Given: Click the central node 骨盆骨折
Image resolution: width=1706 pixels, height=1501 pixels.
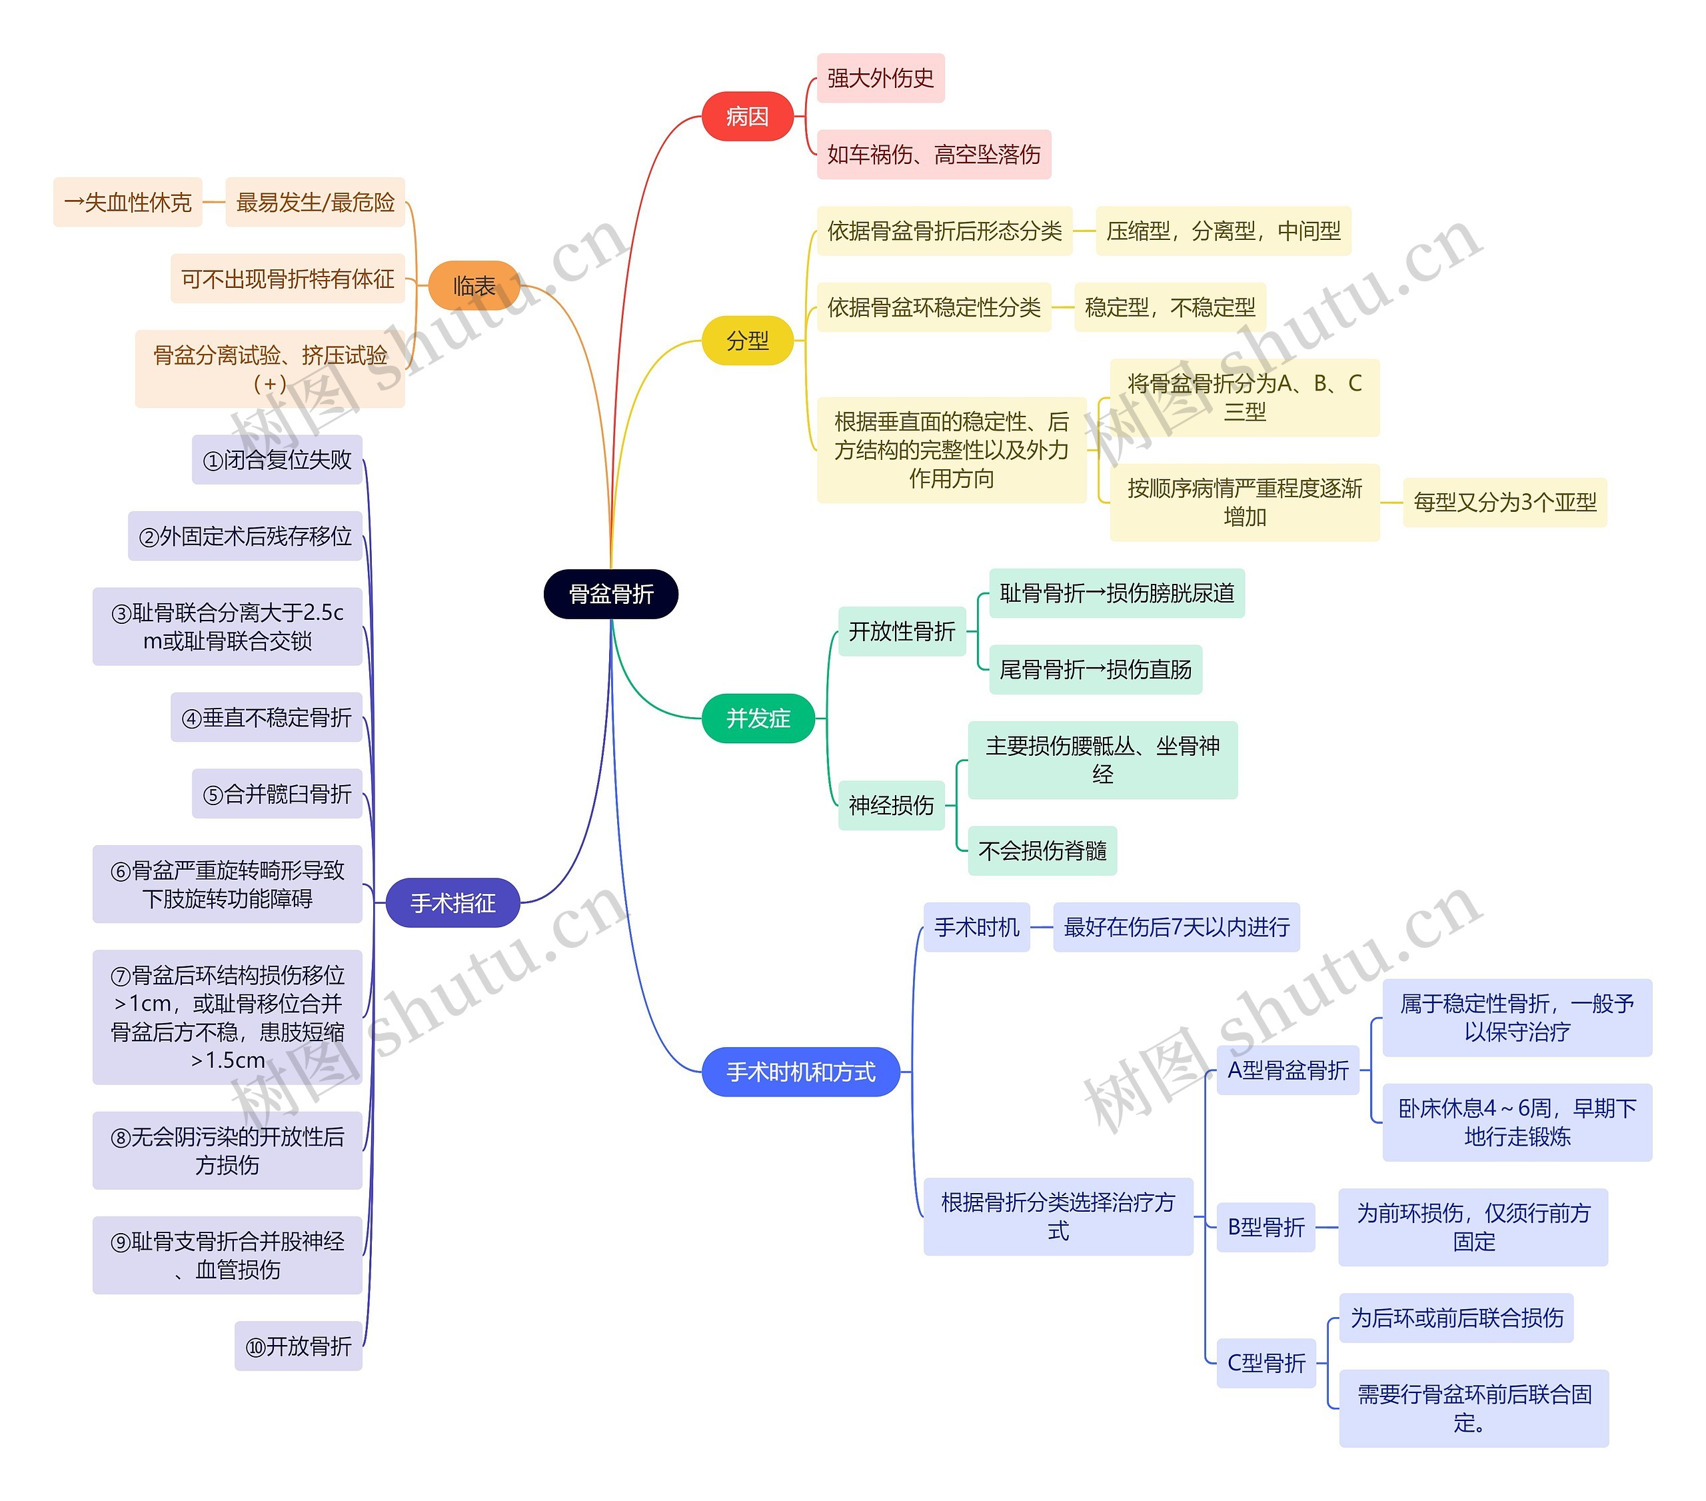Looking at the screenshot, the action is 610,594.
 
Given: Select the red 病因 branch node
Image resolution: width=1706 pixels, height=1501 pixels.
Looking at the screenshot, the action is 747,116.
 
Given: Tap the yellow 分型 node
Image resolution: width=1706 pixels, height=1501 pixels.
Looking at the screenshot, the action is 747,341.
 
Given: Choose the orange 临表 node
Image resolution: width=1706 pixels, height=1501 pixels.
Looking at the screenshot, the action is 474,285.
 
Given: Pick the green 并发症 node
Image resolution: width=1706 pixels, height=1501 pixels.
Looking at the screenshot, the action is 758,718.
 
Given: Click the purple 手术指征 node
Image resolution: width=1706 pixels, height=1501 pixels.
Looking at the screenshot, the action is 453,902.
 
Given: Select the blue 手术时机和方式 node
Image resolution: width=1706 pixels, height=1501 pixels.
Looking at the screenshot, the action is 801,1072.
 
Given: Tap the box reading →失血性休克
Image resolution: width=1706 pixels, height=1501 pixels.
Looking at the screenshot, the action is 128,202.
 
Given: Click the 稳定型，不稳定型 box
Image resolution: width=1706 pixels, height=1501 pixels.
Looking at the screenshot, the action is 1170,307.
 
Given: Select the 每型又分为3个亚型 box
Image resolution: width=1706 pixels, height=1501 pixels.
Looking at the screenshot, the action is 1505,503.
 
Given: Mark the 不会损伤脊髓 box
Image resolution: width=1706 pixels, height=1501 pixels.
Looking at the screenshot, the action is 1042,850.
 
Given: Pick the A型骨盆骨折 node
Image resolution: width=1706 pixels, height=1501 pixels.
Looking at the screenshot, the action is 1288,1070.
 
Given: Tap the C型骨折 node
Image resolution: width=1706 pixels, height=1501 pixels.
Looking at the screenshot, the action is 1266,1363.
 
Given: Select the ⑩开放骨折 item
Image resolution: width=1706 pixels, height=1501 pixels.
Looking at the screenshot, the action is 299,1346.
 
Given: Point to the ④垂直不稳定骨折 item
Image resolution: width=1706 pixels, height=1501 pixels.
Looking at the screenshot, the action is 267,717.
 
